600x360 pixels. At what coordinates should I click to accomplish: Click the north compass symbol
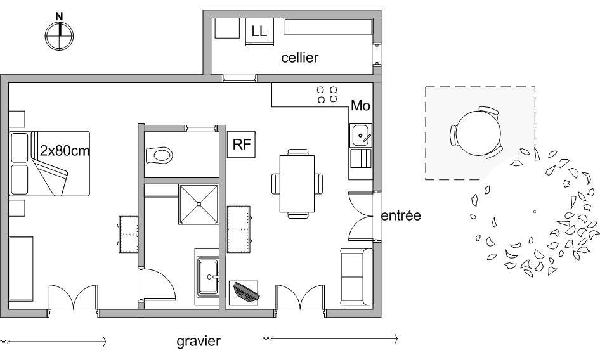[x=60, y=34]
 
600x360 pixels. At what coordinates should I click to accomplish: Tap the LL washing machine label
[x=259, y=31]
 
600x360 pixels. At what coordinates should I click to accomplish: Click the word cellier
[x=299, y=58]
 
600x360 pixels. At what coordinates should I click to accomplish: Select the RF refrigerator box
[x=242, y=145]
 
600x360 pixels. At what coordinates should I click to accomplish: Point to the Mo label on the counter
[x=360, y=106]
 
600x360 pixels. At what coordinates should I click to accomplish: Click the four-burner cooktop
[x=327, y=94]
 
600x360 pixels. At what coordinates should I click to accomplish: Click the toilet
[x=159, y=155]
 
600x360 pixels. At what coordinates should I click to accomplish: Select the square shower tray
[x=199, y=204]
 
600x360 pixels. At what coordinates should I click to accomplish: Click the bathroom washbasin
[x=208, y=276]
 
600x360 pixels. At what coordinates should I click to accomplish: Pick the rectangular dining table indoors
[x=297, y=184]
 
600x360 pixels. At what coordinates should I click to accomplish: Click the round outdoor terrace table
[x=478, y=133]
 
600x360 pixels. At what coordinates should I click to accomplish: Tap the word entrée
[x=401, y=215]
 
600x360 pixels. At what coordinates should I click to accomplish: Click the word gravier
[x=199, y=341]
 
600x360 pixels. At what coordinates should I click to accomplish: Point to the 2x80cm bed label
[x=65, y=151]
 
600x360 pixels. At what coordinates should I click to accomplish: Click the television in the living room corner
[x=245, y=292]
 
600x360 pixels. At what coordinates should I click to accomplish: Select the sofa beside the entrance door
[x=356, y=277]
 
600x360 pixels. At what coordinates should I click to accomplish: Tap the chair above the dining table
[x=297, y=152]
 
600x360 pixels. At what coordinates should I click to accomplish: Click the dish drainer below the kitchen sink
[x=361, y=158]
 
